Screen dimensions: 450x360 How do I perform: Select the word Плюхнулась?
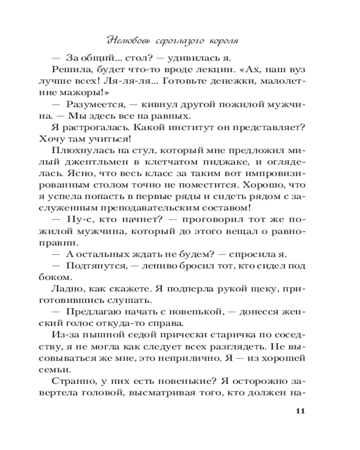pyautogui.click(x=79, y=151)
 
